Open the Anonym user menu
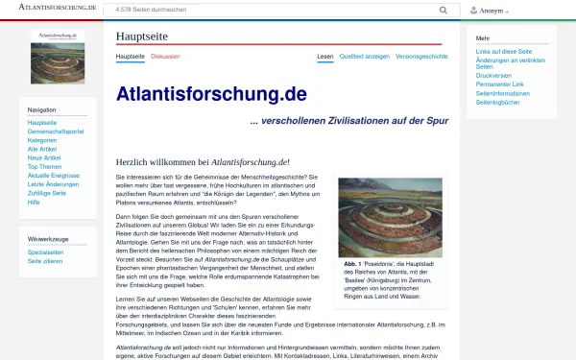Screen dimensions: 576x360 492,11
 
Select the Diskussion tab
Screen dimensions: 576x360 164,57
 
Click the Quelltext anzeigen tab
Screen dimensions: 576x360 364,57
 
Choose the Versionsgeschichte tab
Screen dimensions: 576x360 421,57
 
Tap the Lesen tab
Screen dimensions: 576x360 325,57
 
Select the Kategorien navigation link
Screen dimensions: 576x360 43,140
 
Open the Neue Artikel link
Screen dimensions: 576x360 44,157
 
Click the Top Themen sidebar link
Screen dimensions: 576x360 44,166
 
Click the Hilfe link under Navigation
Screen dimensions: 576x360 35,202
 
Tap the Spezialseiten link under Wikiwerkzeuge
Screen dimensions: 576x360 46,252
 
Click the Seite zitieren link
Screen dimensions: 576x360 45,260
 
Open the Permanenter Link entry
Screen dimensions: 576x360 502,84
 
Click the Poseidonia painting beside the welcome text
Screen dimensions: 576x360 390,217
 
